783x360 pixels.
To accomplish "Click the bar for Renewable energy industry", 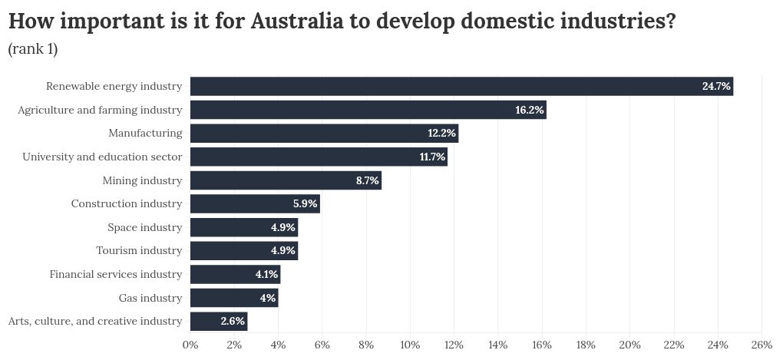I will tap(461, 86).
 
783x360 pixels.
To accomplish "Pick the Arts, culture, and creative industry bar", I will tap(219, 321).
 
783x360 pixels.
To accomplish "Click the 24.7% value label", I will tap(715, 86).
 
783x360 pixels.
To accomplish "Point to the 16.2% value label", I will tap(529, 110).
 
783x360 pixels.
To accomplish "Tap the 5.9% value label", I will tap(305, 204).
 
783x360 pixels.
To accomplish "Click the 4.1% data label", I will tap(266, 274).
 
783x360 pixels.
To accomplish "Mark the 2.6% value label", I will tap(232, 321).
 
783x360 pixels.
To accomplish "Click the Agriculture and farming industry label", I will tap(100, 110).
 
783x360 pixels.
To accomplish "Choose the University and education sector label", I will tap(102, 157).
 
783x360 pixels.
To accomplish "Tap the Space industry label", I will tap(145, 227).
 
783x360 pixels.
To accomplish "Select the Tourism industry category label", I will tap(139, 250).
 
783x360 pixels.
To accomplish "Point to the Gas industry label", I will tap(150, 298).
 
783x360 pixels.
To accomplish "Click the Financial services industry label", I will tap(116, 274).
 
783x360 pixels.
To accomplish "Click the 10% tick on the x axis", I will tap(410, 345).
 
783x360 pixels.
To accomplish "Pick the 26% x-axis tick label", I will tap(762, 345).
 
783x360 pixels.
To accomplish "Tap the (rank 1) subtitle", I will tap(33, 50).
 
